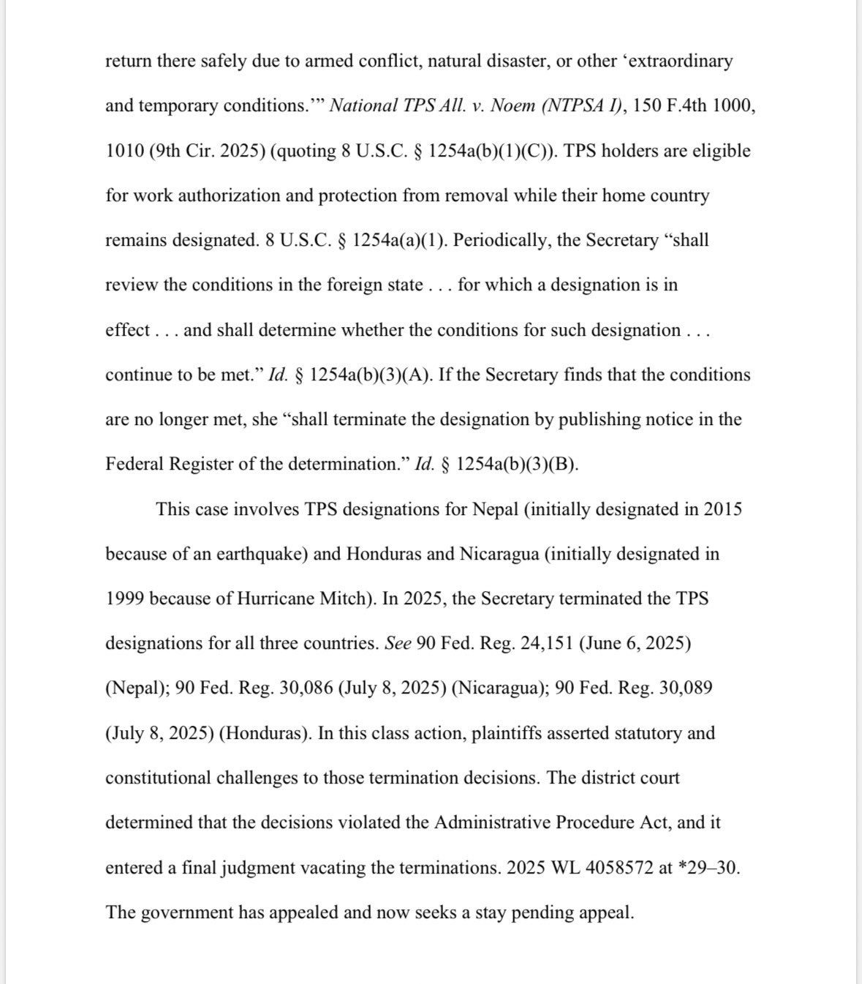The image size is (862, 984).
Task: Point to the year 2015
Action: click(722, 509)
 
